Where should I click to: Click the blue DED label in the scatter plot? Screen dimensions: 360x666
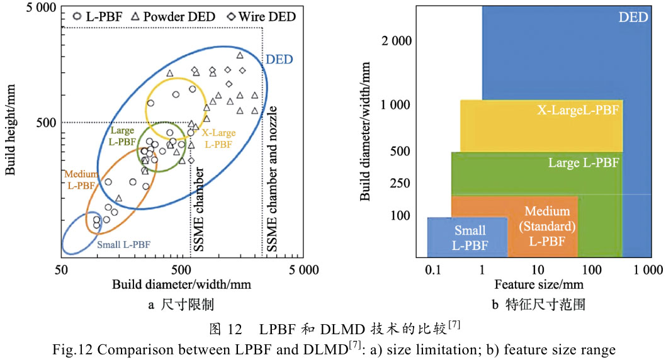tap(281, 60)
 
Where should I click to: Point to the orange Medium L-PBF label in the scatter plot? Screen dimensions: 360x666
tap(81, 179)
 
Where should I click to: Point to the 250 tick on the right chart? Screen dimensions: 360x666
tap(400, 184)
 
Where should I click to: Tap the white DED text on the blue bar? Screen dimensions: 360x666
tap(633, 18)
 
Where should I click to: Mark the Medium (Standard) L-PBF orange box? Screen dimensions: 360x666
tap(546, 226)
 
